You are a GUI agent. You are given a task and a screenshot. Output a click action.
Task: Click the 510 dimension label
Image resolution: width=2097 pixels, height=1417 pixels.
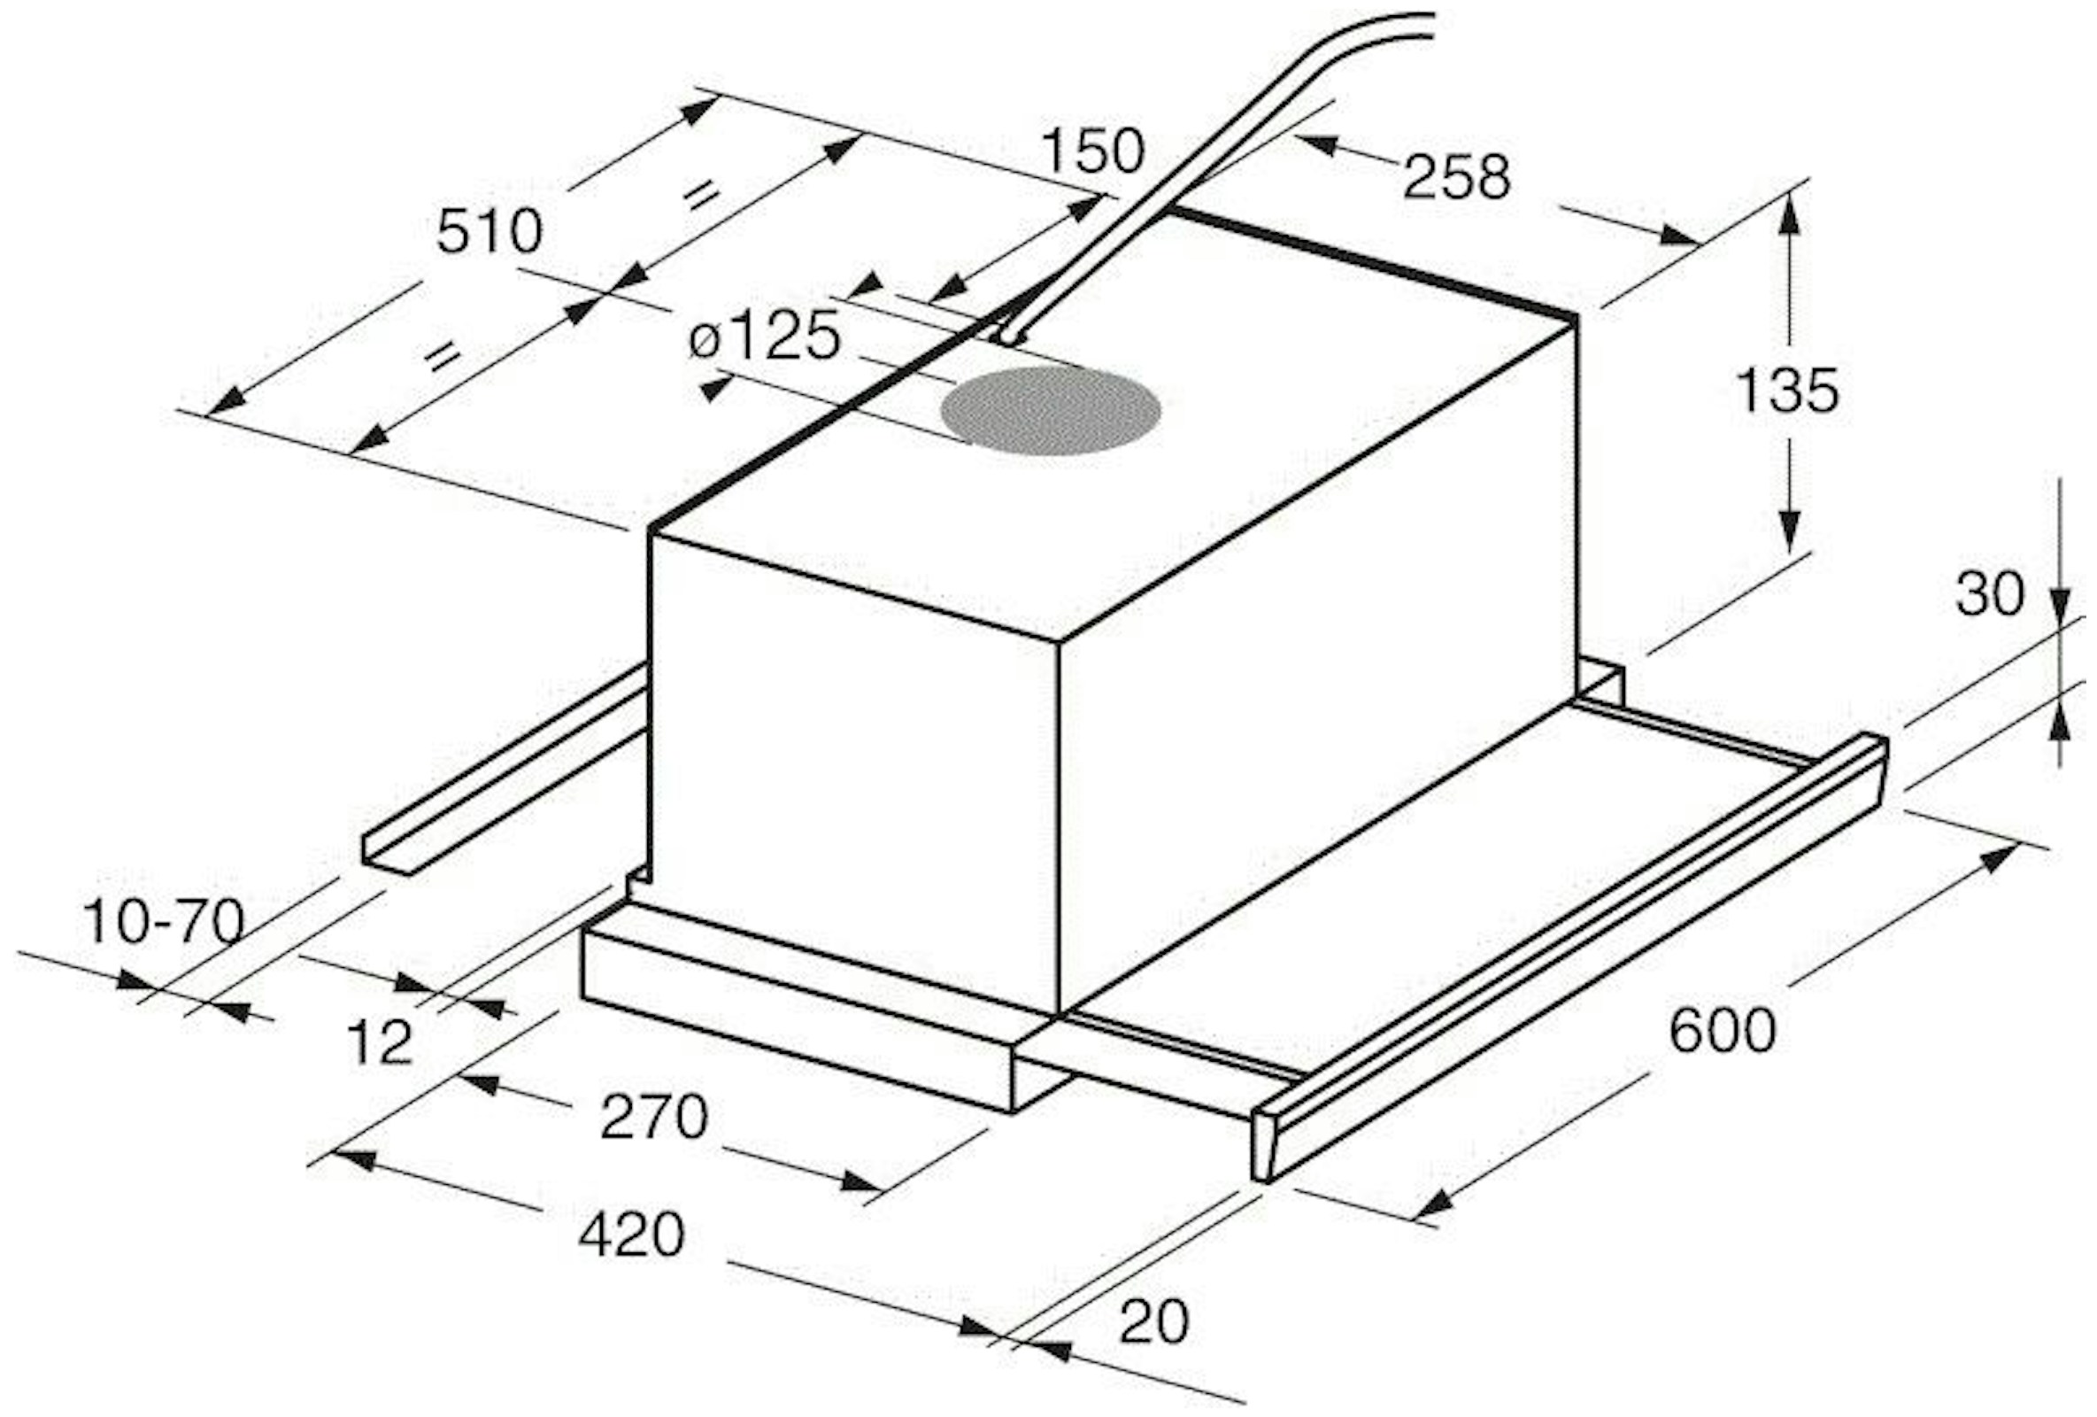point(489,232)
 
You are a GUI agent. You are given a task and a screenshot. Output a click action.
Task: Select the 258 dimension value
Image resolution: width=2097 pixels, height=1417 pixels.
point(1456,178)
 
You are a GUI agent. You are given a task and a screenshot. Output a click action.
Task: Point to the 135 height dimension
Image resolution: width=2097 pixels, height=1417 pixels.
point(1786,390)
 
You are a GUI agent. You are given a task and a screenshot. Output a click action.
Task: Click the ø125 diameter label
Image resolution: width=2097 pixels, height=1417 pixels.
point(764,337)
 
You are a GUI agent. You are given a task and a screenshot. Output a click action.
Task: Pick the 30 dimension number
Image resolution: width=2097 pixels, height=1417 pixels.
point(1990,594)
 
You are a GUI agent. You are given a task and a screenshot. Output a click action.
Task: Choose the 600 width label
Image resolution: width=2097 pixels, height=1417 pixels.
point(1723,1031)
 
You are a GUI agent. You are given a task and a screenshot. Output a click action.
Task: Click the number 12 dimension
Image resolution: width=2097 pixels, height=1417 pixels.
point(379,1042)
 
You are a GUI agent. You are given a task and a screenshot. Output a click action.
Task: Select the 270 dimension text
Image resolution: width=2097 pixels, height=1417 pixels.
point(654,1117)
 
